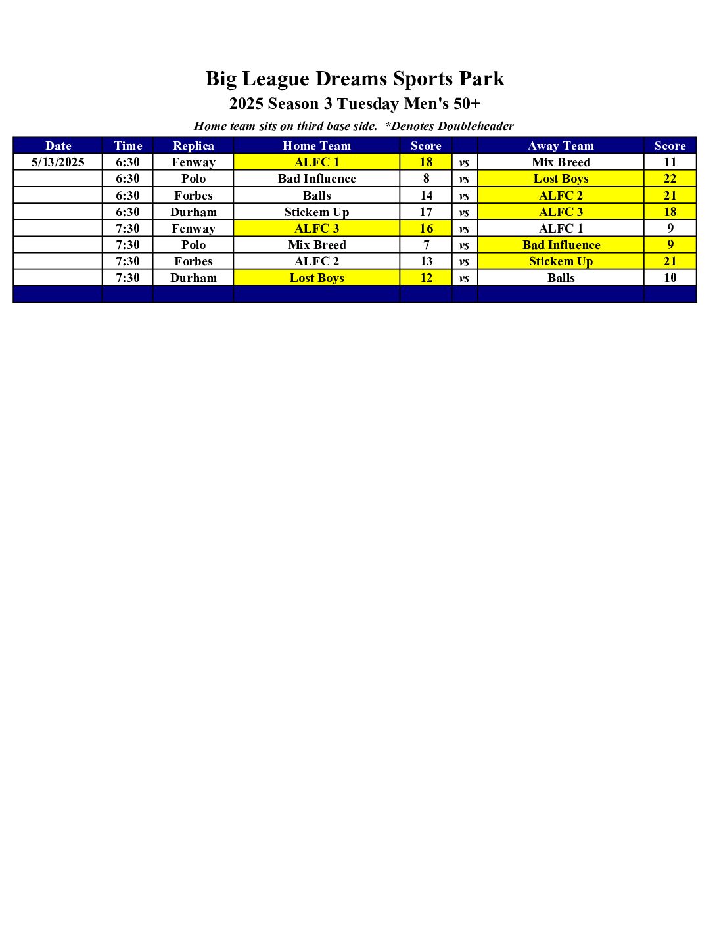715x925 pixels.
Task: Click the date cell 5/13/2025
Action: (x=58, y=162)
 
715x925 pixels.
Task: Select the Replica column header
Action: (x=193, y=146)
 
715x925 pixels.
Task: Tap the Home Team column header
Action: (x=317, y=146)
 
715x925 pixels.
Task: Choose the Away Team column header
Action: (x=561, y=146)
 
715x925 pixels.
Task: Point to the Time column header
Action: (x=127, y=146)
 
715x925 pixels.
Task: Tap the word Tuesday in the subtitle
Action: (x=367, y=104)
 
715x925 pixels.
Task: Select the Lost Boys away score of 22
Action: (x=670, y=179)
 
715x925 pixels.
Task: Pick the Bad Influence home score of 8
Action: (x=426, y=179)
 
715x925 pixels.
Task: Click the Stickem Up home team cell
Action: (x=317, y=212)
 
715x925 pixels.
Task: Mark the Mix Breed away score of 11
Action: (x=670, y=162)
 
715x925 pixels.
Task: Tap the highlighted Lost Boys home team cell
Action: (x=317, y=278)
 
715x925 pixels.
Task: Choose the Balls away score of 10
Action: (x=670, y=278)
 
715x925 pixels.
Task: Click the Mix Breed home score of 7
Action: (x=426, y=245)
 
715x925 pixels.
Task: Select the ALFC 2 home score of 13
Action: (x=426, y=261)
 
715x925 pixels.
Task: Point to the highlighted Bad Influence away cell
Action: (x=561, y=245)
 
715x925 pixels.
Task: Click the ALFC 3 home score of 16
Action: (x=426, y=229)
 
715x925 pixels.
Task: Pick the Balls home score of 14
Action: (x=426, y=196)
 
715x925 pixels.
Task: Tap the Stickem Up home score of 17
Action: (x=426, y=212)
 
